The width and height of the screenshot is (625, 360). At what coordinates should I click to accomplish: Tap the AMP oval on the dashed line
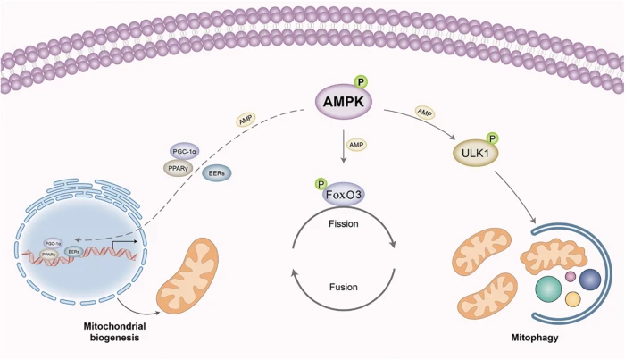pos(247,120)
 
